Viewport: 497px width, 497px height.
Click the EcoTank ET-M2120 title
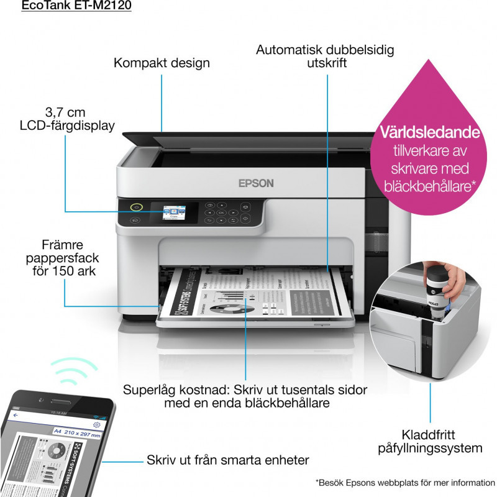(x=76, y=7)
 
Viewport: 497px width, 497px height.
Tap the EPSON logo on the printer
(x=256, y=183)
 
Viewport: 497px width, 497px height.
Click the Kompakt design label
(x=161, y=63)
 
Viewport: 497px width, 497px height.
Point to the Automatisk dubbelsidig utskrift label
(x=325, y=56)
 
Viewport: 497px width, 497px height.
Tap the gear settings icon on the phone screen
(x=97, y=424)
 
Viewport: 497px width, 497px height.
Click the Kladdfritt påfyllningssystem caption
(x=433, y=442)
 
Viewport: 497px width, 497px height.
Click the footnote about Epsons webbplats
(x=405, y=483)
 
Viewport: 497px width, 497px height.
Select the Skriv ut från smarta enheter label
(x=228, y=460)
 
